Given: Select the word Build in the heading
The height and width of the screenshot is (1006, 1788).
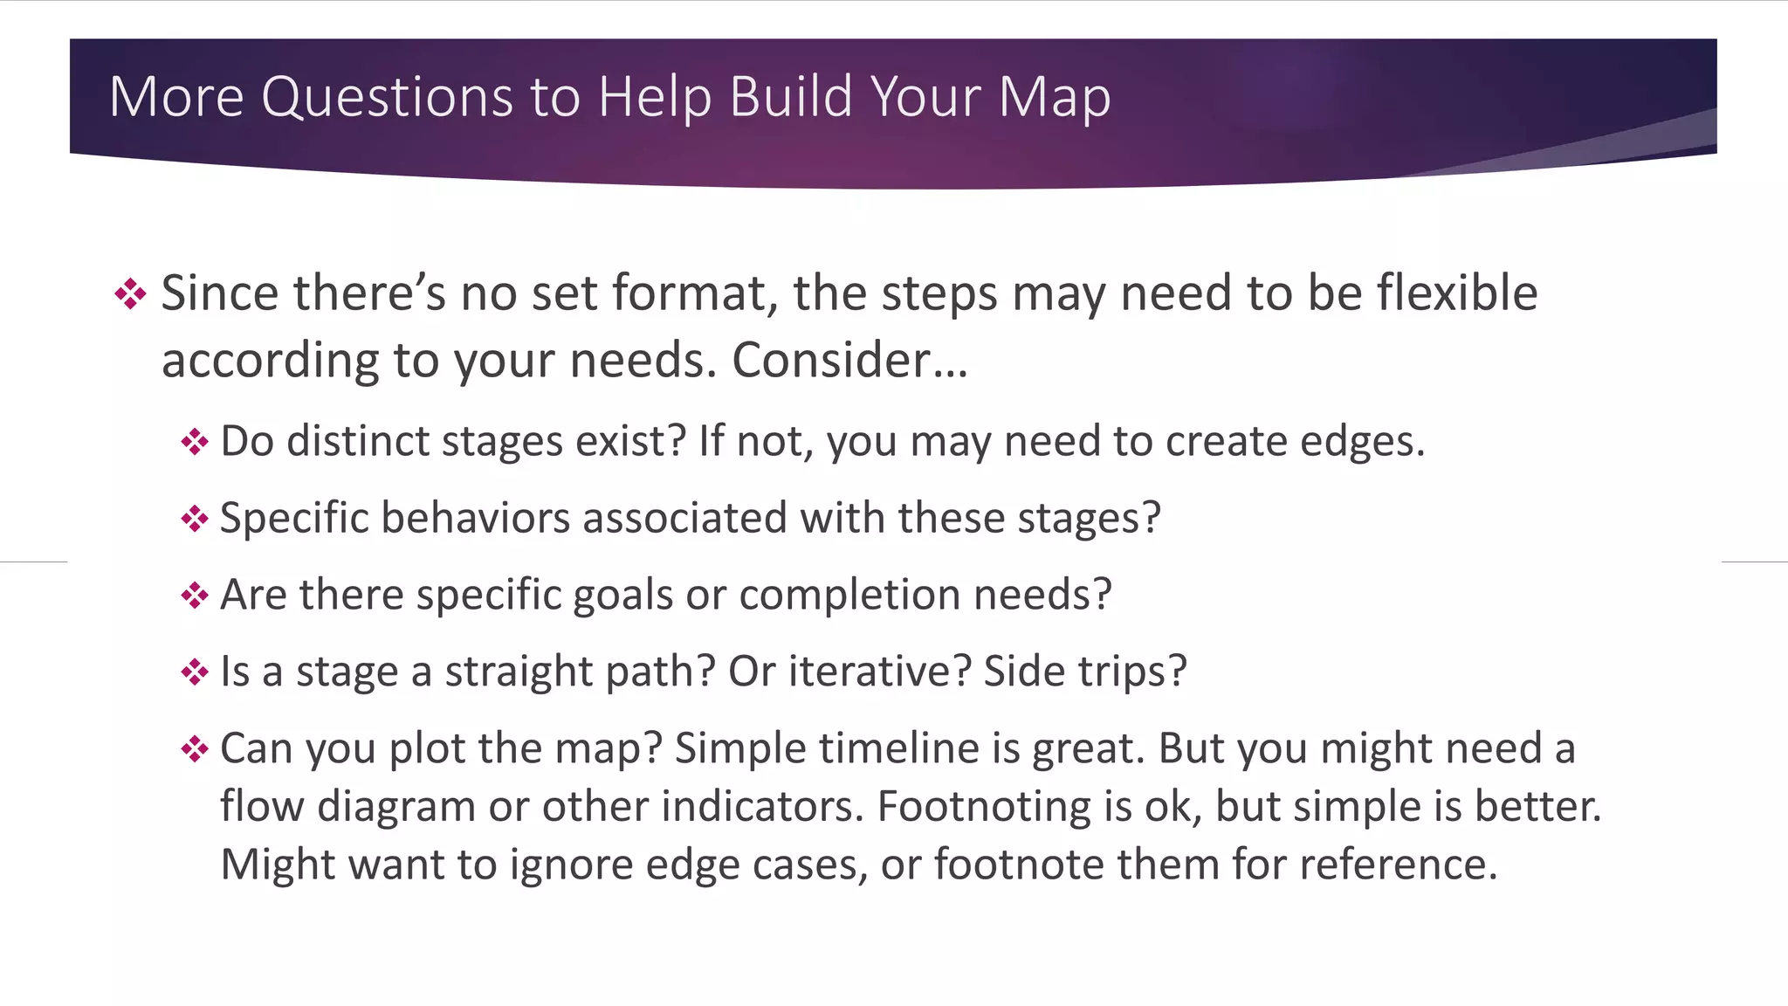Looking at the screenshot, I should click(x=790, y=96).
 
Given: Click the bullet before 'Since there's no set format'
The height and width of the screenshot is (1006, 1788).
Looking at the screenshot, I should click(x=130, y=293).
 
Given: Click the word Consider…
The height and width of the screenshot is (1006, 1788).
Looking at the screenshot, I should click(x=849, y=360).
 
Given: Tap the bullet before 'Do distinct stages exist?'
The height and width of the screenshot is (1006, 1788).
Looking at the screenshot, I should click(x=194, y=441).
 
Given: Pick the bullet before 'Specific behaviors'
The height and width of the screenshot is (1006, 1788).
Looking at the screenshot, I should click(x=194, y=519).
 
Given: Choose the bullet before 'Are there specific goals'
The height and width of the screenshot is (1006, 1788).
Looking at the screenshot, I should click(x=194, y=596).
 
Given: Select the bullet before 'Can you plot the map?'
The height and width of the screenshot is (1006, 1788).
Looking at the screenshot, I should click(x=194, y=749).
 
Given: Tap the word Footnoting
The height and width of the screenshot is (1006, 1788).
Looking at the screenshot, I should click(x=984, y=806).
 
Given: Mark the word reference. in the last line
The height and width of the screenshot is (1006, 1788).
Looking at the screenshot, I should click(x=1398, y=864).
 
